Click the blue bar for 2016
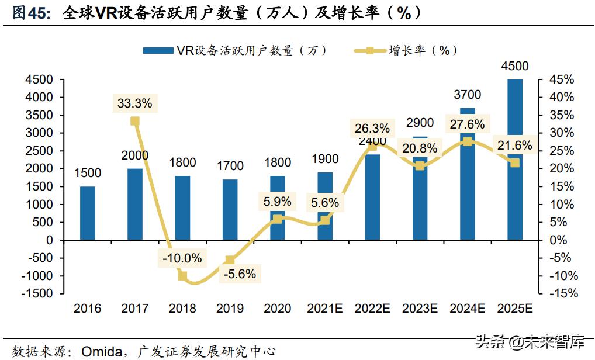pyautogui.click(x=87, y=213)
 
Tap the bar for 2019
pyautogui.click(x=230, y=209)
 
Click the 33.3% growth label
pyautogui.click(x=134, y=103)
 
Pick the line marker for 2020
pyautogui.click(x=278, y=219)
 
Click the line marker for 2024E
pyautogui.click(x=467, y=141)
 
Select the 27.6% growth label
pyautogui.click(x=467, y=124)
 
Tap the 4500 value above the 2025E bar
pyautogui.click(x=514, y=66)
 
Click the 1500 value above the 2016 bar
pyautogui.click(x=88, y=173)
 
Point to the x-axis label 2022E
pyautogui.click(x=372, y=308)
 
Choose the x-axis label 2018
pyautogui.click(x=182, y=308)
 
